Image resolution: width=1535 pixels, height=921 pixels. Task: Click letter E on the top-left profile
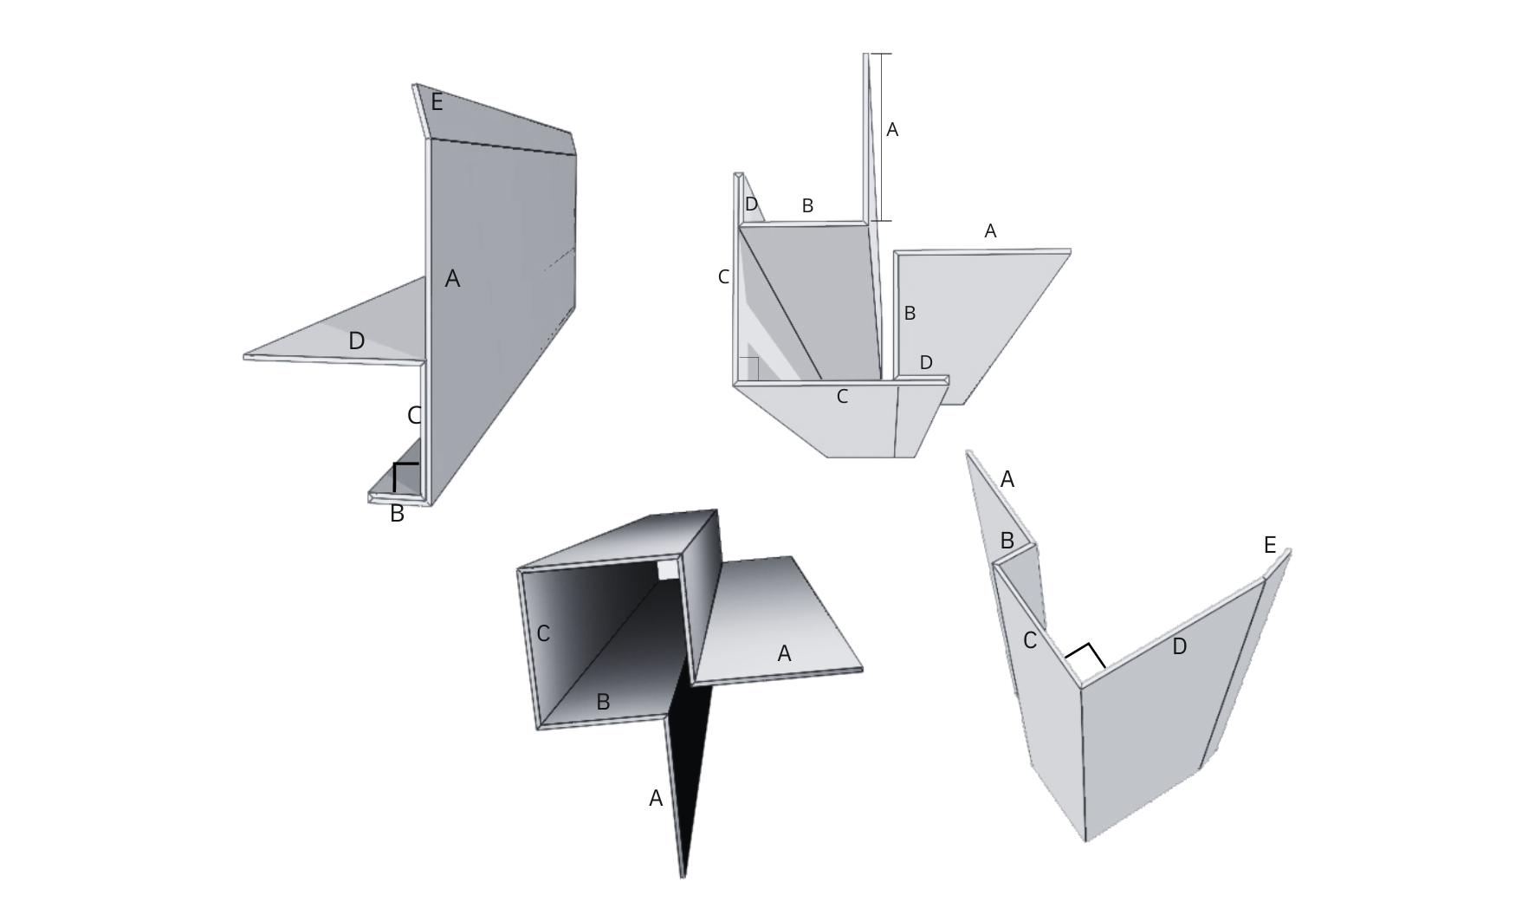click(x=437, y=103)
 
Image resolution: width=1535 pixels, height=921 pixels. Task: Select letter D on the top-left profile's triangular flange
click(x=356, y=341)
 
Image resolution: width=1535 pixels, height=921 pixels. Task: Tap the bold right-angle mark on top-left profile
click(x=404, y=475)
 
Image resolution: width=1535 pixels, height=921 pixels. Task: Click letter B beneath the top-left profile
click(x=397, y=514)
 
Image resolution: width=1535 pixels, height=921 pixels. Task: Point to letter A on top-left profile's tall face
click(x=452, y=279)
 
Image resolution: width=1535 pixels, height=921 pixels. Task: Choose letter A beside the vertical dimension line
click(x=892, y=130)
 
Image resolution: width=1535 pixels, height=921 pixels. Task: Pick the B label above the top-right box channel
click(x=807, y=206)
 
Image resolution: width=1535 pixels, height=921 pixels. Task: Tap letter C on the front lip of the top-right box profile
click(x=842, y=397)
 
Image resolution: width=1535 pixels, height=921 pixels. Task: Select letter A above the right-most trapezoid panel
click(x=990, y=231)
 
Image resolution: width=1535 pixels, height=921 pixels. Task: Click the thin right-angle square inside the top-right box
click(x=749, y=367)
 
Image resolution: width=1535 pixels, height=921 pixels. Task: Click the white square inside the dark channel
click(x=667, y=569)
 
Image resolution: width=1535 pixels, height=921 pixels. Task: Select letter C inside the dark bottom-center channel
click(x=543, y=634)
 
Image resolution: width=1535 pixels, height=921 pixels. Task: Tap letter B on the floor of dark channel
click(x=604, y=703)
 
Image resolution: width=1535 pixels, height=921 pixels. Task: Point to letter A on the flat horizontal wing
click(x=784, y=654)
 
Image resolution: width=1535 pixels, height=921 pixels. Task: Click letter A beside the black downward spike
click(x=656, y=799)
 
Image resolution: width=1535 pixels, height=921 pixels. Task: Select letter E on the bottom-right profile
click(x=1269, y=546)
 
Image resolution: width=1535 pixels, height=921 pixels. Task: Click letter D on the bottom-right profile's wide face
click(x=1178, y=646)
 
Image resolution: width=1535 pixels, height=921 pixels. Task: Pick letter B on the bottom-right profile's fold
click(x=1007, y=541)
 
